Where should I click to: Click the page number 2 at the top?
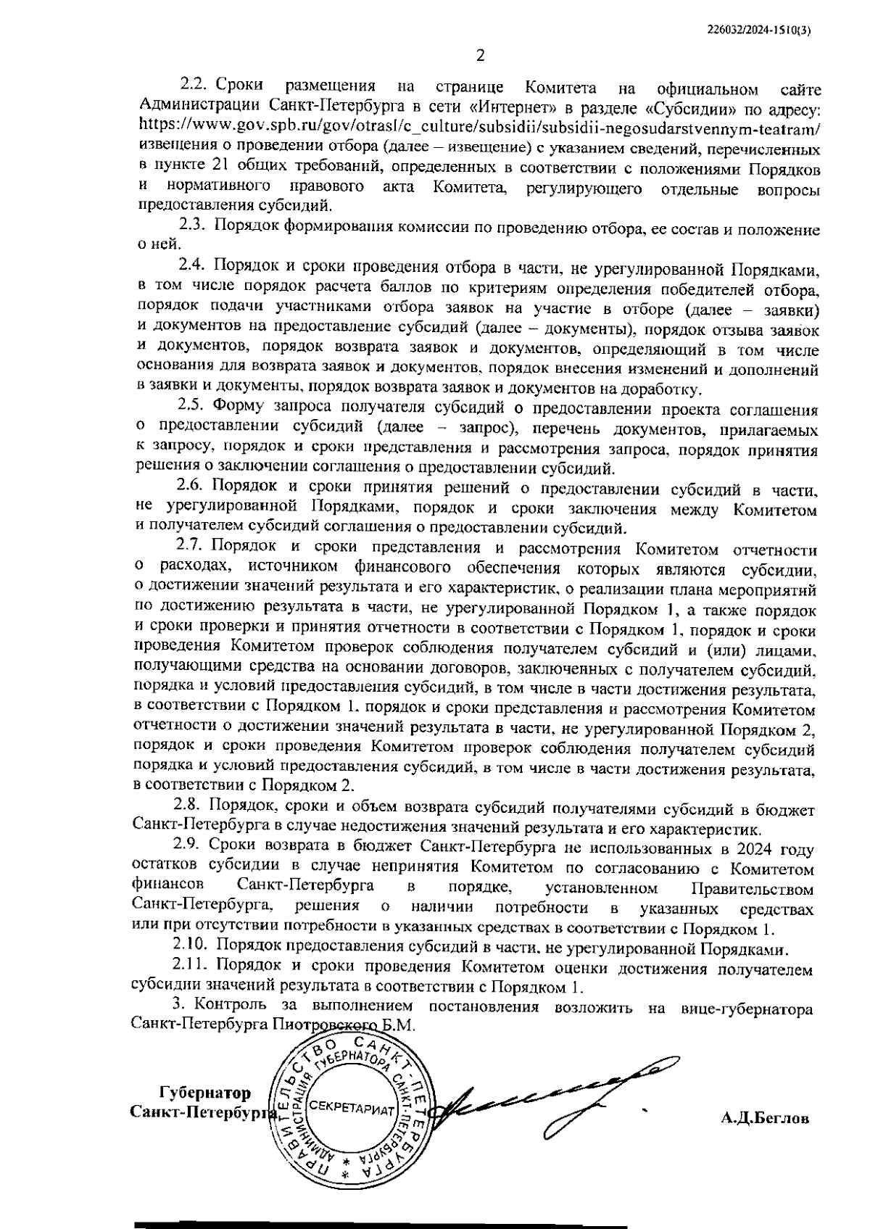point(479,56)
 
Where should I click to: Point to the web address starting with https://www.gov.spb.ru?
point(478,130)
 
